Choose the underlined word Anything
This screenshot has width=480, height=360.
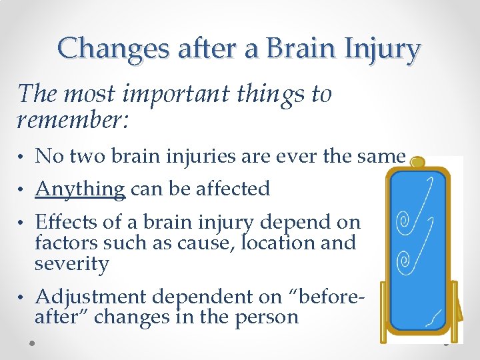point(80,189)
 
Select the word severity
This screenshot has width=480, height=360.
point(71,264)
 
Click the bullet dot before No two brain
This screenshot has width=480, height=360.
point(23,158)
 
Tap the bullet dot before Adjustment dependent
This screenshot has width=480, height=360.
point(23,298)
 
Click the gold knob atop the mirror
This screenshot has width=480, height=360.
point(418,162)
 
